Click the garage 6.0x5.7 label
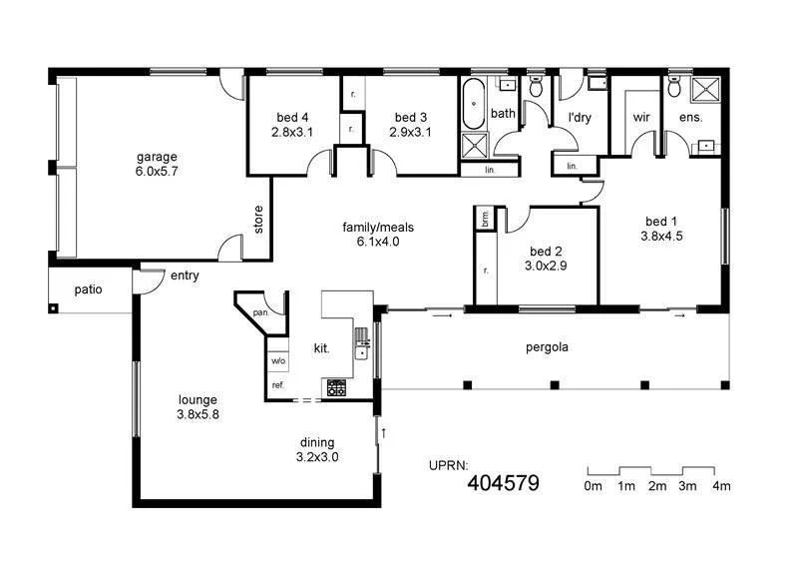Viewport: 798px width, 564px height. (x=158, y=165)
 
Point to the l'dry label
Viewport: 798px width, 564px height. (x=580, y=117)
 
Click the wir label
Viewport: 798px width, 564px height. (x=641, y=117)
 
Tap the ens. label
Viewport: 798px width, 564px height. (x=690, y=117)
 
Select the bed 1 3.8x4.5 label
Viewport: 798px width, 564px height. (x=662, y=229)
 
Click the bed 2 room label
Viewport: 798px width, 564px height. (x=548, y=259)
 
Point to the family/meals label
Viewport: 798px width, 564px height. (x=377, y=234)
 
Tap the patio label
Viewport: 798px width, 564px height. (x=89, y=289)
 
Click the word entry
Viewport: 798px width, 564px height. (x=185, y=276)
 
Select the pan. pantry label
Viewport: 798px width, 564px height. (x=261, y=312)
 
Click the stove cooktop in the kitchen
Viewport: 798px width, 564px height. (x=335, y=387)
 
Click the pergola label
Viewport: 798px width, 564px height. (x=548, y=348)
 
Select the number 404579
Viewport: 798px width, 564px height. (x=504, y=484)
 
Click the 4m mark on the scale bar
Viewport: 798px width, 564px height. (x=719, y=486)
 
